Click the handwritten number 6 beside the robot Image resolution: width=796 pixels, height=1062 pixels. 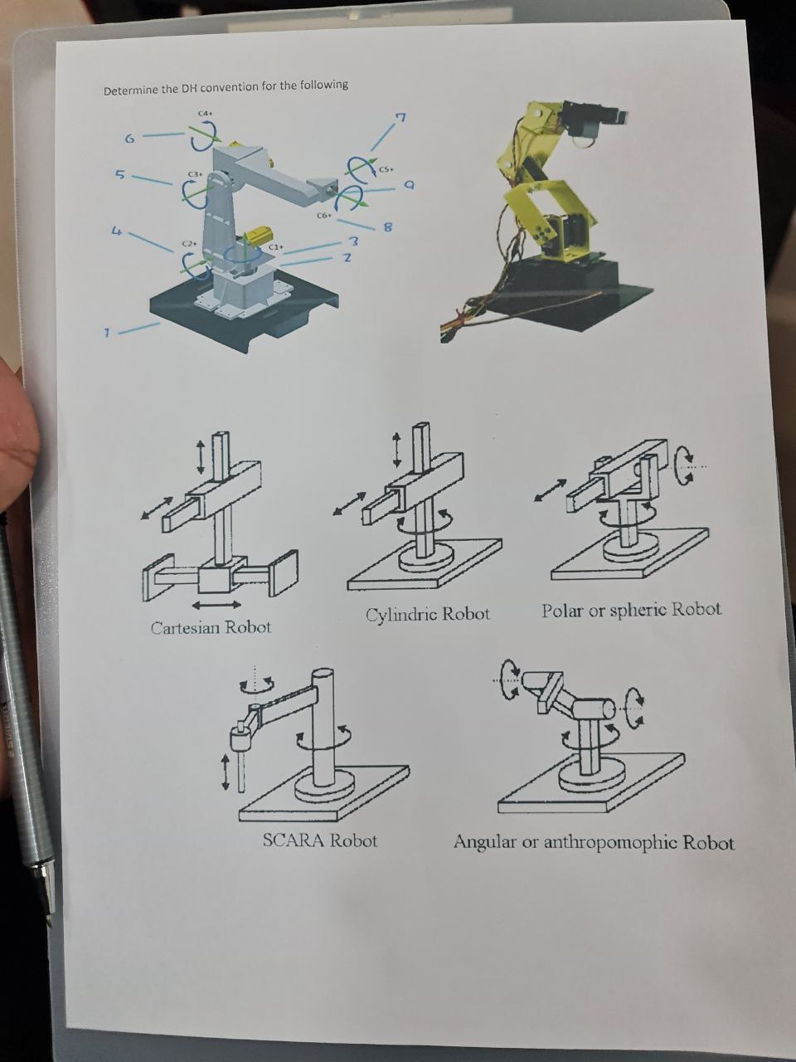coord(129,139)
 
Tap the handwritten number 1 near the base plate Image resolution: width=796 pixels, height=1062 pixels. coord(106,334)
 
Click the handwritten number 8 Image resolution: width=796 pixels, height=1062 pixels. coord(386,227)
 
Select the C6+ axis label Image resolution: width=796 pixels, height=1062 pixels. coord(323,215)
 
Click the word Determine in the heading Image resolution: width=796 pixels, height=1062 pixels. coord(130,90)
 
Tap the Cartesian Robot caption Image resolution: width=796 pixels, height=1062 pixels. coord(211,627)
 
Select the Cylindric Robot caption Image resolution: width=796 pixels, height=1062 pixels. coord(428,615)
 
